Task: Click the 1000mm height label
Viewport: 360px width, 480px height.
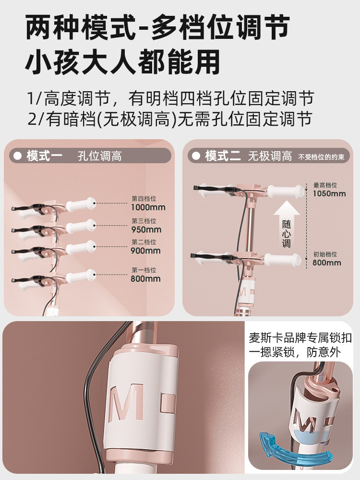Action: coord(148,207)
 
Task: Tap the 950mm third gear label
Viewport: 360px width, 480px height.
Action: coord(146,229)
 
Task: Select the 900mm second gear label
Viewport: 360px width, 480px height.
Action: coord(145,251)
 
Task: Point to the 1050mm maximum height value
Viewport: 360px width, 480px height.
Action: coord(329,193)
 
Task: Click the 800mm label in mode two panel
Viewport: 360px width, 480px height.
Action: coord(327,263)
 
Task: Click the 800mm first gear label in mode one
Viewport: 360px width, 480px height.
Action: coord(145,279)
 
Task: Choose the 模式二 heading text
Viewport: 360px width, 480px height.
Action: coord(223,156)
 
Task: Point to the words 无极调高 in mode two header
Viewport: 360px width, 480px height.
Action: coord(270,156)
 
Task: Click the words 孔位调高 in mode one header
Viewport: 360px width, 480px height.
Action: coord(100,156)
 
